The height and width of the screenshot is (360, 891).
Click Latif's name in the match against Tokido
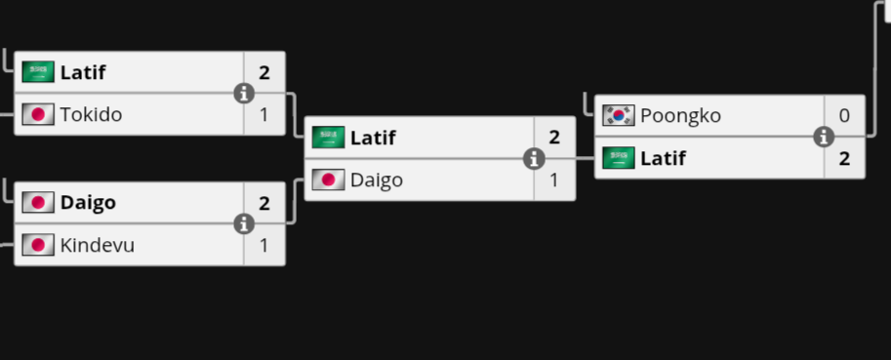(x=82, y=72)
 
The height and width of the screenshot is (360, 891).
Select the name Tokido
(x=91, y=115)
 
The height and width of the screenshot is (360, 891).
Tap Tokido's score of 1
(x=264, y=115)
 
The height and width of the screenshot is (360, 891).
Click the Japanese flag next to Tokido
(x=38, y=115)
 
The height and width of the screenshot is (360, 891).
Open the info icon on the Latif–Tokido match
(x=244, y=94)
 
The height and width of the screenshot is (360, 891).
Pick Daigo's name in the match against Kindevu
(x=88, y=203)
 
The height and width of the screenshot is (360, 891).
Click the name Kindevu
(x=98, y=245)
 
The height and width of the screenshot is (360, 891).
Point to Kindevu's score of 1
(x=264, y=245)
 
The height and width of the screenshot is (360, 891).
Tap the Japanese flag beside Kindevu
(x=38, y=245)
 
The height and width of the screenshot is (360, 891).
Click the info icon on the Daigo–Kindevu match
(x=244, y=224)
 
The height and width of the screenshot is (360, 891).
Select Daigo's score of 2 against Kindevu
(x=264, y=203)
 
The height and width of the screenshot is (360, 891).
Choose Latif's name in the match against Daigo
(x=373, y=138)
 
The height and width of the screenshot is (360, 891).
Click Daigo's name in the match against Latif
(x=377, y=180)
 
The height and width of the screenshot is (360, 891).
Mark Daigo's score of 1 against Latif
(x=554, y=180)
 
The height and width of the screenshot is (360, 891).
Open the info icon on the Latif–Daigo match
(x=534, y=159)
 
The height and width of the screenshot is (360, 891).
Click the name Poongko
(x=681, y=116)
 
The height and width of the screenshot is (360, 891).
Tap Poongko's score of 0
(x=844, y=116)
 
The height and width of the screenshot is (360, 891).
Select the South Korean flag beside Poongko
(x=619, y=116)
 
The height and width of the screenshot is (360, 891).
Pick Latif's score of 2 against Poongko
(x=844, y=158)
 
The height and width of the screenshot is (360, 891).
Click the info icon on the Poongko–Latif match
(x=824, y=137)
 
